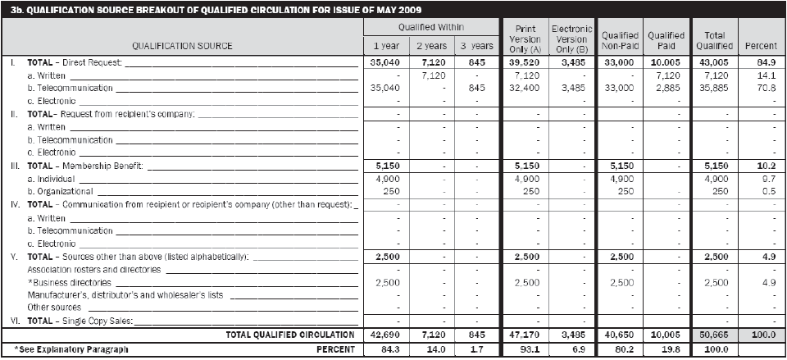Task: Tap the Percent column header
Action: tap(762, 46)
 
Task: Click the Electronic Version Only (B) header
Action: tap(571, 39)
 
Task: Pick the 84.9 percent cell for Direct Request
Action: tap(763, 62)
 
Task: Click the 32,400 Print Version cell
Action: tap(525, 87)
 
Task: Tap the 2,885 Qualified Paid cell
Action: tap(666, 87)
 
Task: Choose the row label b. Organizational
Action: tap(61, 191)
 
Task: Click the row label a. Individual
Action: tap(54, 178)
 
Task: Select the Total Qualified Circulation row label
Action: tap(289, 335)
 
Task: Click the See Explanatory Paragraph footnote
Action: tap(72, 349)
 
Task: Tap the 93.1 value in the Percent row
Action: tap(525, 349)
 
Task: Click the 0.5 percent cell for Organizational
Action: tap(763, 191)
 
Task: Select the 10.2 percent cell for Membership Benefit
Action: tap(763, 166)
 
